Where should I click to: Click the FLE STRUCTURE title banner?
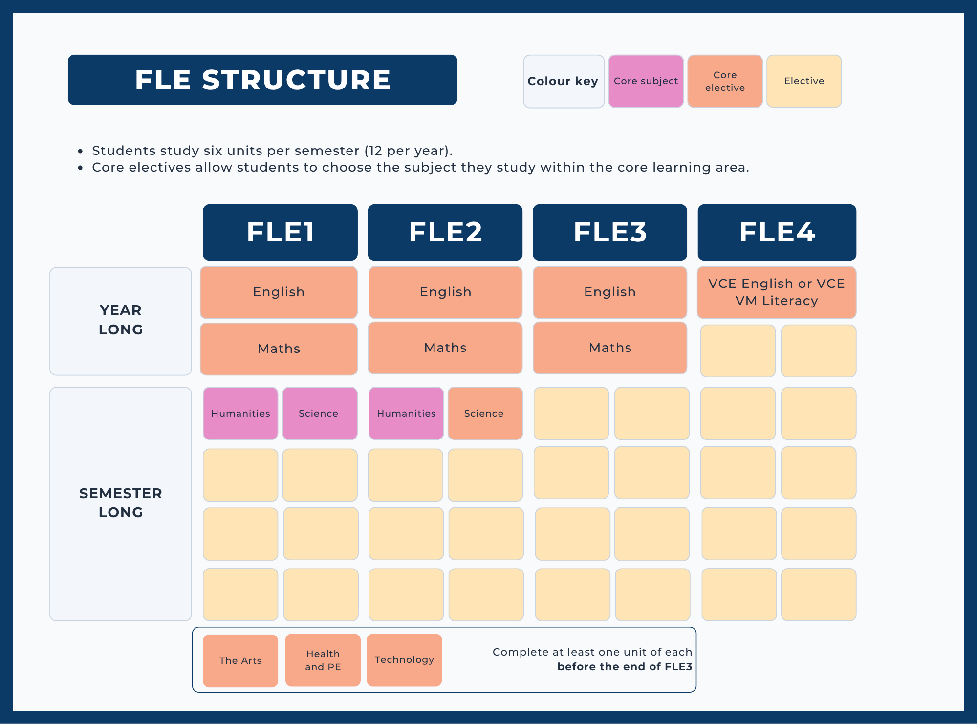(x=262, y=80)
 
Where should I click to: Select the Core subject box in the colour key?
(x=646, y=81)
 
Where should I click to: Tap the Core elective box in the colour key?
(x=725, y=81)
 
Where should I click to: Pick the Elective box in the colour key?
(x=804, y=81)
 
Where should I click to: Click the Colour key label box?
(x=564, y=81)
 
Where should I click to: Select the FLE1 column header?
(x=280, y=232)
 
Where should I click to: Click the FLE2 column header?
(x=445, y=232)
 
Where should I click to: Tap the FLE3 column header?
(x=610, y=232)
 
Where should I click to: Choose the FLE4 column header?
(x=777, y=232)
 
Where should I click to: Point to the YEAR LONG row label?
(x=121, y=321)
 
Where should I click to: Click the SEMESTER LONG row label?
(x=121, y=504)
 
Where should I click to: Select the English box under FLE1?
(x=279, y=292)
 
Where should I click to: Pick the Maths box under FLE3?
(x=610, y=348)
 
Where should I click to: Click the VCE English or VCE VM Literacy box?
(x=777, y=292)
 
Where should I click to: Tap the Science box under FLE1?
(x=320, y=414)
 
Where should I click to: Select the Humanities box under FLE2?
(x=406, y=414)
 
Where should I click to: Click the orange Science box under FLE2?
(x=485, y=414)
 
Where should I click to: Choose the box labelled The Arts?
(x=240, y=661)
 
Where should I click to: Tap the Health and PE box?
(x=323, y=660)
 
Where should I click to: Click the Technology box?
(x=404, y=660)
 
